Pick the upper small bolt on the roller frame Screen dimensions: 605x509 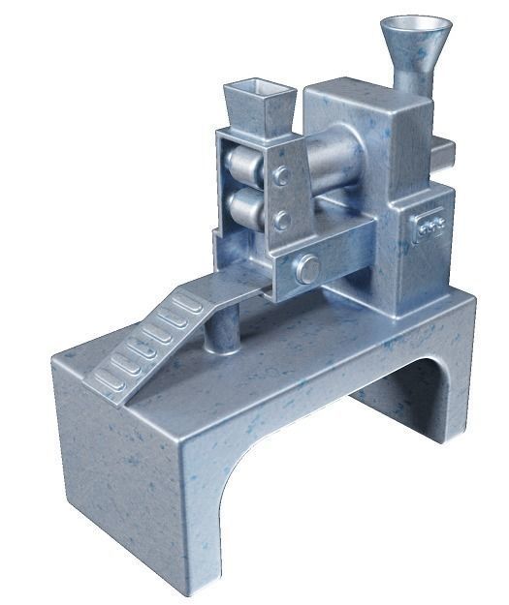pos(281,175)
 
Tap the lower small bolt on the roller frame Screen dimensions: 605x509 pos(281,220)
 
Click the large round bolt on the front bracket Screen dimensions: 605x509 pos(308,268)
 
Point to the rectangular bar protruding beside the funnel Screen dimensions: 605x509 pos(443,149)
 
